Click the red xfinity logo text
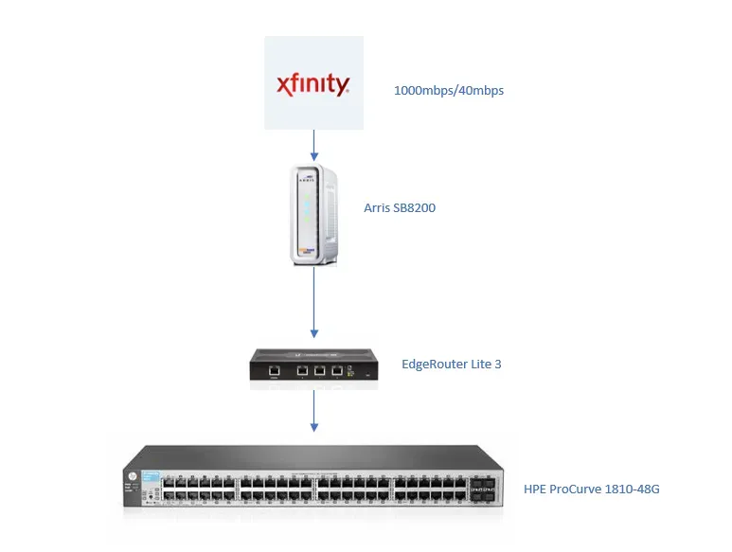point(312,84)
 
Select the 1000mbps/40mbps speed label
point(449,91)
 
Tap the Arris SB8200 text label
point(400,207)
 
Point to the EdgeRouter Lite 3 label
point(452,364)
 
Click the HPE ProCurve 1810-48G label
point(592,489)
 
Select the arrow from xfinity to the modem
point(314,145)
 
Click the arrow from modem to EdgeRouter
point(314,302)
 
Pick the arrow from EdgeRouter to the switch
point(314,411)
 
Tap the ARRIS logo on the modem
point(307,179)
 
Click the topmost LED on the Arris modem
point(307,196)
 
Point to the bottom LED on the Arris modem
point(307,220)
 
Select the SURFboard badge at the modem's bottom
point(307,251)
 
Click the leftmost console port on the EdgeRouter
point(274,370)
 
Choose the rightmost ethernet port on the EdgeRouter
point(337,370)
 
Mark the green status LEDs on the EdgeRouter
point(350,372)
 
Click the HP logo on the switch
point(133,476)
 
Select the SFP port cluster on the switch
point(483,489)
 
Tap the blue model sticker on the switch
point(151,476)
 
